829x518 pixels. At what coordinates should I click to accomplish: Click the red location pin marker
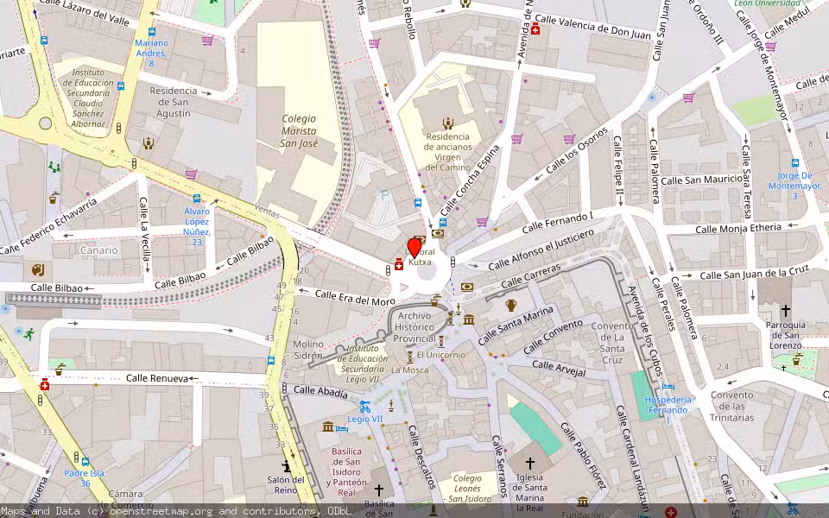click(414, 248)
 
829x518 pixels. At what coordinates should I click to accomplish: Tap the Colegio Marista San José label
click(299, 129)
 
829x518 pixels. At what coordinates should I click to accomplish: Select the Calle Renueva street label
click(156, 378)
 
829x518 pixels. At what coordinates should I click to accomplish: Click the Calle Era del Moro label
click(355, 298)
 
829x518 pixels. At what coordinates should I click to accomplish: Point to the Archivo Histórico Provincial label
click(414, 327)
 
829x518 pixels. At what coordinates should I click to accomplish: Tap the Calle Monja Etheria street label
click(738, 229)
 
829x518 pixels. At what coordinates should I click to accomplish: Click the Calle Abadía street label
click(320, 390)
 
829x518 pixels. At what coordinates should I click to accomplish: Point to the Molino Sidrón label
click(308, 350)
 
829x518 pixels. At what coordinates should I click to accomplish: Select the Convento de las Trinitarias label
click(731, 406)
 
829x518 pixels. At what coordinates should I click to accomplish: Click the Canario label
click(99, 250)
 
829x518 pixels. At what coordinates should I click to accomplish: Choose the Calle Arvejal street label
click(559, 369)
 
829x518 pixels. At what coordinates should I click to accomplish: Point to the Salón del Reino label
click(286, 485)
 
